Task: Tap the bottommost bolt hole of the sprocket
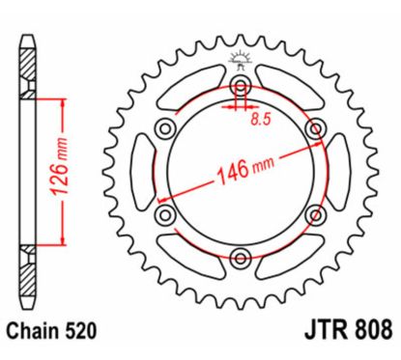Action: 240,255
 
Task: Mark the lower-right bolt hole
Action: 312,213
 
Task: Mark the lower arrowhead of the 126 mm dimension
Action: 65,242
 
